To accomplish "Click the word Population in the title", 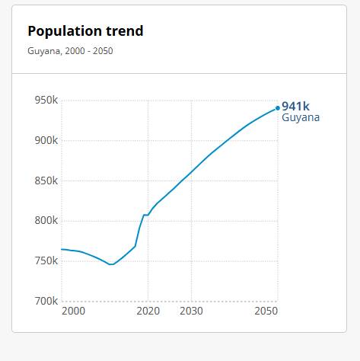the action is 65,31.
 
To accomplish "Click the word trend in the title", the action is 125,31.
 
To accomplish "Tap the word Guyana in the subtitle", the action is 44,51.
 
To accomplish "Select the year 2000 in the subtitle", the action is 75,51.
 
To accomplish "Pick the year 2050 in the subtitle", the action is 103,51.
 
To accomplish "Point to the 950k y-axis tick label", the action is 46,100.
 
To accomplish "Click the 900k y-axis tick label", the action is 46,140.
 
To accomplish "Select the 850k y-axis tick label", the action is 46,180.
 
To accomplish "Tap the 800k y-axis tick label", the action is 46,220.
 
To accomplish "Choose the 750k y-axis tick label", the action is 46,260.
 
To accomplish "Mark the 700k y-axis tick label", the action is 46,301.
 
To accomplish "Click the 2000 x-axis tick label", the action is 74,311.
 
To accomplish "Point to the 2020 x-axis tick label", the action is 148,311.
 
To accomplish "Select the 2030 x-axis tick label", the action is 191,311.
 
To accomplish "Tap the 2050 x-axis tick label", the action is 266,311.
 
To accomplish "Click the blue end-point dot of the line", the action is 278,108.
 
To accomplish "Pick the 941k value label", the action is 295,107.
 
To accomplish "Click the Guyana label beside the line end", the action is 301,117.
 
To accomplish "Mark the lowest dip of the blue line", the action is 111,264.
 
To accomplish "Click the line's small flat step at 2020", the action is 146,215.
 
